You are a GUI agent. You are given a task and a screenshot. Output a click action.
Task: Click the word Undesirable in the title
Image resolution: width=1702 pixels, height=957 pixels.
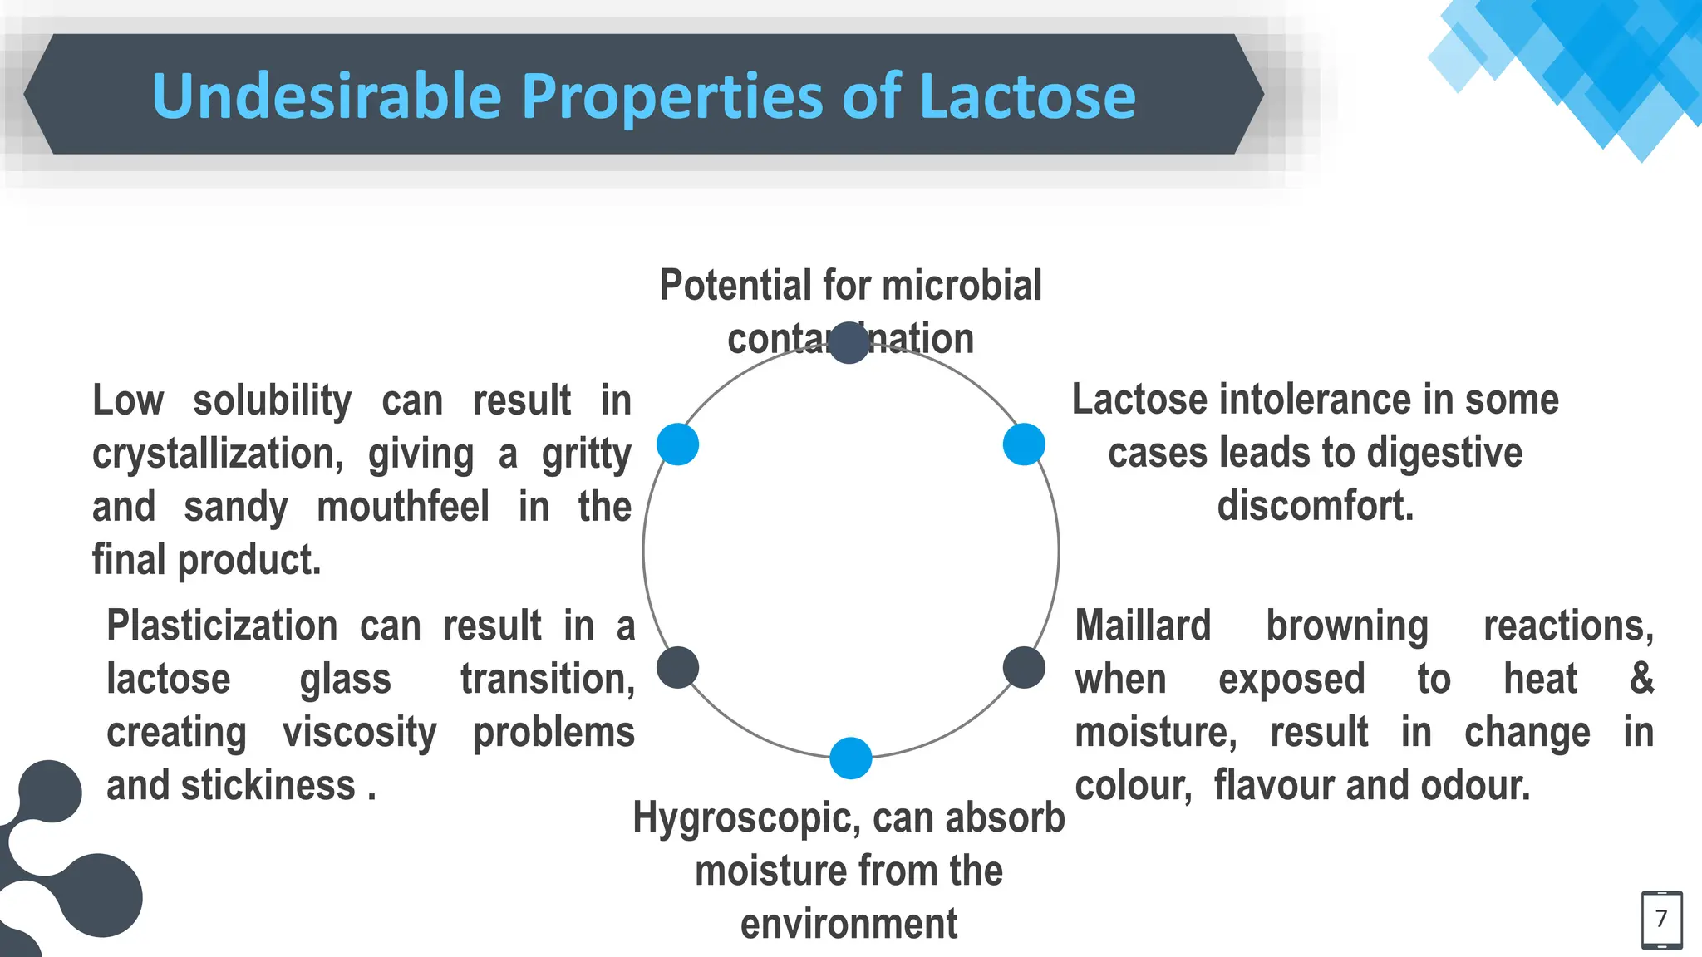click(x=327, y=96)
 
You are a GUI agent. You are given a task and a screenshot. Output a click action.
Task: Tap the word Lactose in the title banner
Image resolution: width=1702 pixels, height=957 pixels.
click(x=1027, y=96)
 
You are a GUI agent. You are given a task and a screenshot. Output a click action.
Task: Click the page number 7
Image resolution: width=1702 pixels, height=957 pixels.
click(x=1661, y=919)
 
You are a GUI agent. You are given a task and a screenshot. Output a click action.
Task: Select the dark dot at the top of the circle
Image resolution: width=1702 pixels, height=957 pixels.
click(x=849, y=343)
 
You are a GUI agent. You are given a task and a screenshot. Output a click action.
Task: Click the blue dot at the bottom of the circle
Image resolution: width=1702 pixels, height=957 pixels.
click(x=850, y=758)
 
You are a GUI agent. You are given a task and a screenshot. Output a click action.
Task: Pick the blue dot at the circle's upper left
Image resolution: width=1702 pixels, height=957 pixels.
click(x=677, y=444)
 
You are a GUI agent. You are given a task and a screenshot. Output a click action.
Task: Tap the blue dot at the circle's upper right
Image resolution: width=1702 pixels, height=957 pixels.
click(x=1024, y=444)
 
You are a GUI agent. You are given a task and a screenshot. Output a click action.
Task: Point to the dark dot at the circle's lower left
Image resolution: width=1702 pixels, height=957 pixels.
click(x=677, y=667)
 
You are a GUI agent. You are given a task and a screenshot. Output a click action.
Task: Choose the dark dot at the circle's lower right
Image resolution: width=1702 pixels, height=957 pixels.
click(x=1024, y=667)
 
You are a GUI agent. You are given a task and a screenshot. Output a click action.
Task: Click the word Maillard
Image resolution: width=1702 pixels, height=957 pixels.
click(x=1143, y=626)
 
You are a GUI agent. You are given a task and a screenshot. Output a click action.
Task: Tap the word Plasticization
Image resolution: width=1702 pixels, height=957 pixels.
click(x=222, y=626)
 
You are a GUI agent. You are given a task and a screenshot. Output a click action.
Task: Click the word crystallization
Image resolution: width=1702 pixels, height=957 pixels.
click(x=218, y=454)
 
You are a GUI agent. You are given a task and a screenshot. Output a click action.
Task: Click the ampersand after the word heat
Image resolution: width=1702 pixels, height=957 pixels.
click(x=1641, y=679)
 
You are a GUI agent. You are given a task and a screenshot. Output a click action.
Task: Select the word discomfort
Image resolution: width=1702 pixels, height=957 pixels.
click(x=1315, y=506)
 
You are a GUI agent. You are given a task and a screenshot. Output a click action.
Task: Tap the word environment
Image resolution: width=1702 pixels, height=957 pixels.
click(x=849, y=924)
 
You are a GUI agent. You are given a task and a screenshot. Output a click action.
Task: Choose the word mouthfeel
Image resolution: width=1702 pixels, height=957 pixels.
click(x=403, y=507)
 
